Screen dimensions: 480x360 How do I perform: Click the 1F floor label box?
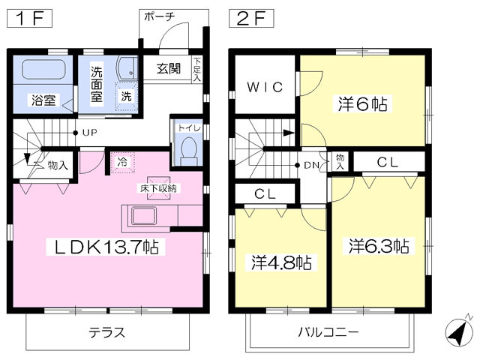(29, 18)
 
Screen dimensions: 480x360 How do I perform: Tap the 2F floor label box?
(251, 18)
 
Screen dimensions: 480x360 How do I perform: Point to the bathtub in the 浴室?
(43, 69)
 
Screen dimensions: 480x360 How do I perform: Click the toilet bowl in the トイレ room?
(188, 150)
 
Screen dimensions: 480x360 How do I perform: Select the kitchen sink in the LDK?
(144, 217)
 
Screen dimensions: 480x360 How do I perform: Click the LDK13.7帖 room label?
(106, 247)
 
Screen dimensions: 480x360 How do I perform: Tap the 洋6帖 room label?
(362, 103)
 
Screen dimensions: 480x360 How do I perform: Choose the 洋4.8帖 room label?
(281, 262)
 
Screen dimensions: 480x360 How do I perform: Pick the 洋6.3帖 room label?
(379, 246)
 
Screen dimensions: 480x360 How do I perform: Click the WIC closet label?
(265, 87)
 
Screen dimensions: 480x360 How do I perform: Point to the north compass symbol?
(457, 331)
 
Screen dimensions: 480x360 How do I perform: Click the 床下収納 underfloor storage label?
(158, 188)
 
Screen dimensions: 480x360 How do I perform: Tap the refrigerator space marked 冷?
(122, 162)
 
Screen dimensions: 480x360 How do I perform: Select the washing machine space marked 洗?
(126, 96)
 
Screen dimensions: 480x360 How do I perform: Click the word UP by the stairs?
(90, 133)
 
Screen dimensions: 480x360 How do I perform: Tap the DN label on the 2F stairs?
(312, 166)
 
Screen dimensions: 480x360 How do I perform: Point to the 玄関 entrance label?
(169, 69)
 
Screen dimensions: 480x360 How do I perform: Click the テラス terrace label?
(107, 332)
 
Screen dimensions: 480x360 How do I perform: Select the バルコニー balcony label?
(328, 332)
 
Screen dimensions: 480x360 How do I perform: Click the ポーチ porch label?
(160, 16)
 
